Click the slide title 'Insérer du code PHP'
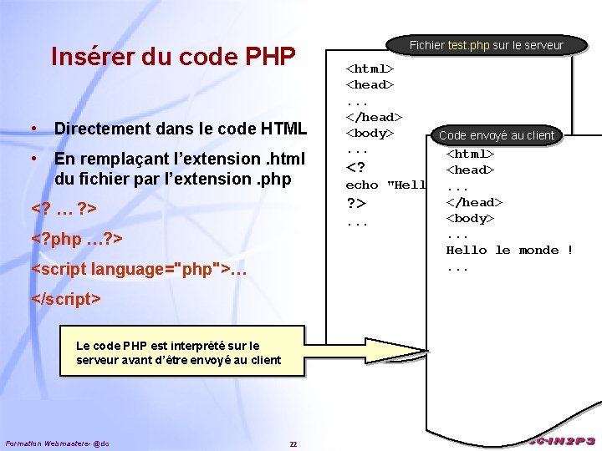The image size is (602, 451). [173, 56]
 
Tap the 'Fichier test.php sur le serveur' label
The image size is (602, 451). [487, 45]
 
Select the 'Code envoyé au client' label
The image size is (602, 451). [497, 135]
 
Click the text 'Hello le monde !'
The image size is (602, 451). [509, 250]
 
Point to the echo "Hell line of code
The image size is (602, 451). [385, 185]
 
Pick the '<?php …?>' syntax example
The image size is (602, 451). [77, 239]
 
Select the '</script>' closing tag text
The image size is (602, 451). [65, 298]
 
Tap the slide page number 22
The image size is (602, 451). [293, 443]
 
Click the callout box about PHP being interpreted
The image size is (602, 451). [178, 352]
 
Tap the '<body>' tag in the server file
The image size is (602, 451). [370, 134]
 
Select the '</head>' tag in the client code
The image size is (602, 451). [474, 201]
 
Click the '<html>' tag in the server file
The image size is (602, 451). [370, 68]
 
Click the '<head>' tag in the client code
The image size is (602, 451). [470, 170]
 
